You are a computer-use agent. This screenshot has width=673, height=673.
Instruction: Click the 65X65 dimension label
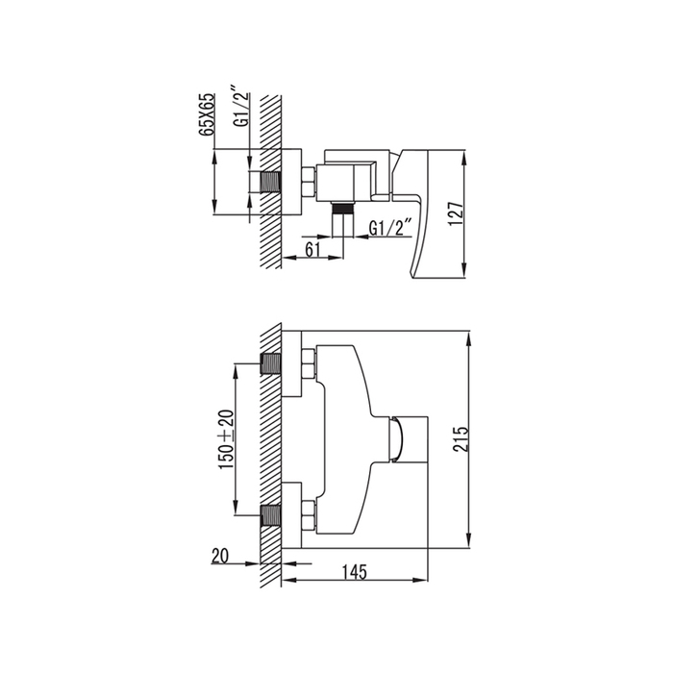coord(207,114)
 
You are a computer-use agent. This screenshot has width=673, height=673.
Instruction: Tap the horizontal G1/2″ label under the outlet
coord(390,228)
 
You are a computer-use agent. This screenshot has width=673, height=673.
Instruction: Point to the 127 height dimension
coord(456,213)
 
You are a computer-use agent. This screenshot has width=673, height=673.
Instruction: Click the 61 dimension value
coord(312,249)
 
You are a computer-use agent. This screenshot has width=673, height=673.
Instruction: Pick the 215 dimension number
coord(461,438)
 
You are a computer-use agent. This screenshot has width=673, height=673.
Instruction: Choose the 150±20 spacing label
coord(227,439)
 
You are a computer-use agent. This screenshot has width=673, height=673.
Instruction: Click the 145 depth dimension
coord(355,572)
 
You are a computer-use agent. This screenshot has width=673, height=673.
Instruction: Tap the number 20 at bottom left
coord(220,556)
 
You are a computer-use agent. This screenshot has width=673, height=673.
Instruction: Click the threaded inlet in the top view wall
coord(270,183)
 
